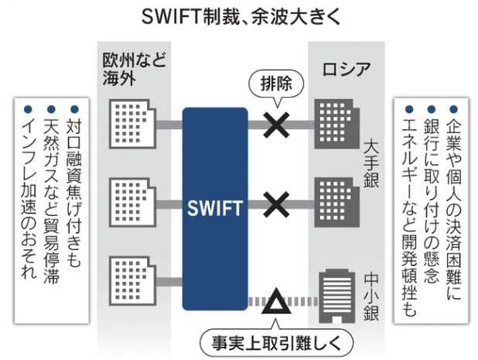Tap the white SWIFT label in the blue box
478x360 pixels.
pyautogui.click(x=214, y=208)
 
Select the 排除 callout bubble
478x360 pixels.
pyautogui.click(x=275, y=83)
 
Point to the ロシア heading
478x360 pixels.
pyautogui.click(x=346, y=69)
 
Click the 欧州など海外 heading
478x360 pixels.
pyautogui.click(x=135, y=68)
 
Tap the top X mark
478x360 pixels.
pyautogui.click(x=275, y=123)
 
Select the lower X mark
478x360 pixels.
pyautogui.click(x=275, y=205)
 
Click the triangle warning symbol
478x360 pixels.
pyautogui.click(x=274, y=302)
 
